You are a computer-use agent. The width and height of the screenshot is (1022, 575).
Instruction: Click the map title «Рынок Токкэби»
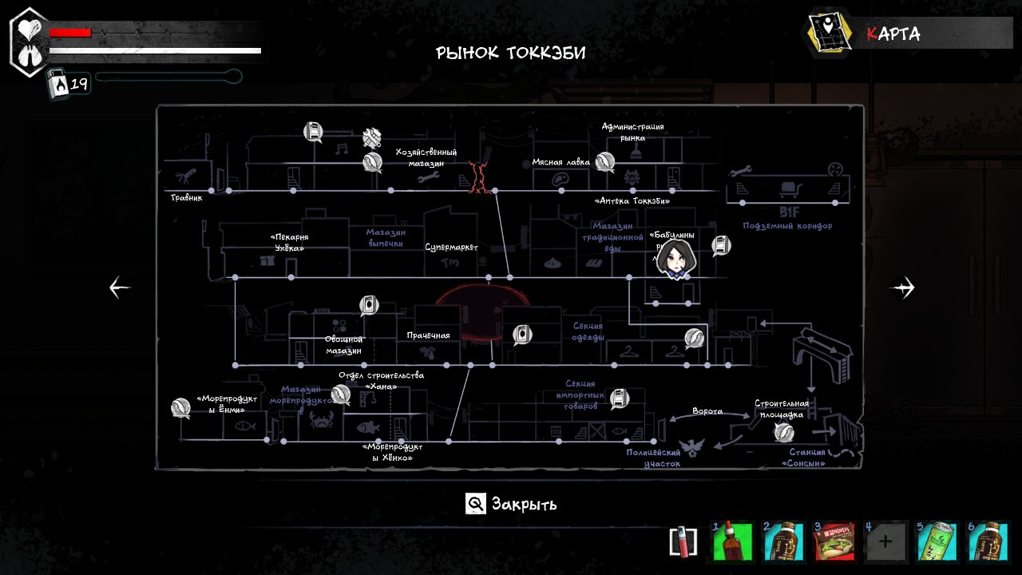510,54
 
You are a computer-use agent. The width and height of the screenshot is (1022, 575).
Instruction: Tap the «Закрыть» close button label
524,504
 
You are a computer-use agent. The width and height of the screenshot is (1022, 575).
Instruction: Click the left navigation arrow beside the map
120,287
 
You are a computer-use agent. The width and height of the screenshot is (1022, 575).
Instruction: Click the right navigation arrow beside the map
903,287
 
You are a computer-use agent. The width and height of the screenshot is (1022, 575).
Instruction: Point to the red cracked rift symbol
479,176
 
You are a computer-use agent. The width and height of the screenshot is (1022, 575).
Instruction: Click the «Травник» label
186,197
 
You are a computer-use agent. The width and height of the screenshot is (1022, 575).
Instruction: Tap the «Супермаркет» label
451,248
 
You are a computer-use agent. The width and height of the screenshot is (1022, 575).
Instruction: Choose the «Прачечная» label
428,335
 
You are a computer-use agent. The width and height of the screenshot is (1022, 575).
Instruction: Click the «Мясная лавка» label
561,162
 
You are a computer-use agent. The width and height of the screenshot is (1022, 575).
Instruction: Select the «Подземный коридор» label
787,226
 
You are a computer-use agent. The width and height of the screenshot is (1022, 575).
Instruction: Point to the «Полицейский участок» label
653,458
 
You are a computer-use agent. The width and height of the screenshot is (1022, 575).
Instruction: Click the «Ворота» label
707,411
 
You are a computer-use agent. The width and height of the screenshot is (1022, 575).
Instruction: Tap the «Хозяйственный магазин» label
426,157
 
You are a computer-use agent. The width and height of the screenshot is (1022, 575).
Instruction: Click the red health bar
70,33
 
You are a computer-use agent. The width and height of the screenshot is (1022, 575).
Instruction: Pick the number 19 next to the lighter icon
79,84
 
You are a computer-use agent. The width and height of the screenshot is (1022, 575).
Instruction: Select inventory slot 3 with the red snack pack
834,542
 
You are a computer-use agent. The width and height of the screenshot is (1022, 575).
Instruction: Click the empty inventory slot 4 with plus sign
885,542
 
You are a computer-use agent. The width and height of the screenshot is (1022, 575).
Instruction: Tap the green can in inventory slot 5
936,542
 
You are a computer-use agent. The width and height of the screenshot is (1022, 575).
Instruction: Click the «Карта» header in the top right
893,34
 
